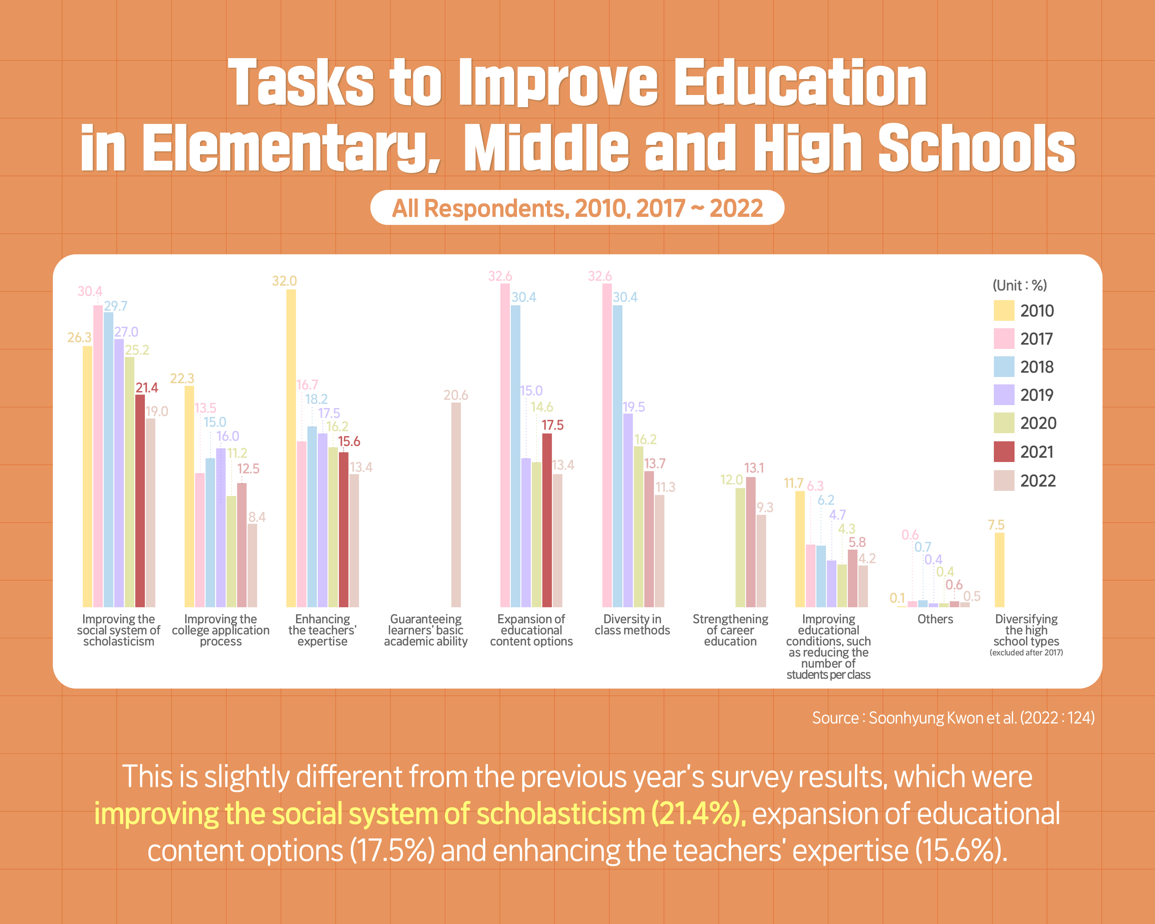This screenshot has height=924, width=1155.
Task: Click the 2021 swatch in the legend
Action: point(1004,452)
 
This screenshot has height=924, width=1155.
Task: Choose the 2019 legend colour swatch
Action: point(1004,395)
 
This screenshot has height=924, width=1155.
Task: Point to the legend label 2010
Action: point(1037,311)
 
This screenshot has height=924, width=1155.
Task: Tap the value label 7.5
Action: point(996,525)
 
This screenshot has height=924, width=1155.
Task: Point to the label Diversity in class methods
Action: point(632,625)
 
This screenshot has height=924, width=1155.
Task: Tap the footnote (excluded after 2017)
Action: point(1026,652)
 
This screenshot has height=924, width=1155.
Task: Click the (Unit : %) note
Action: point(1019,285)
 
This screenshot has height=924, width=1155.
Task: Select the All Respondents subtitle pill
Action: point(577,208)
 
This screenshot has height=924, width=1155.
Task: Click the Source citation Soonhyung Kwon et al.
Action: point(953,718)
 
